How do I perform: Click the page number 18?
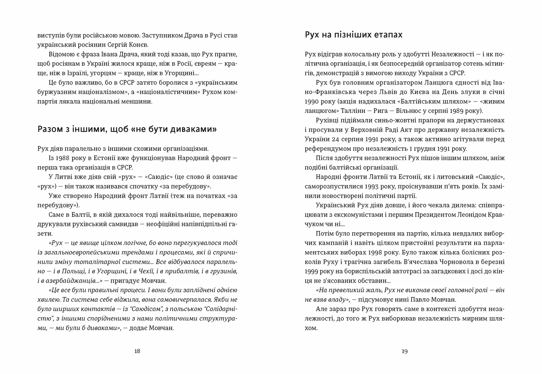[137, 351]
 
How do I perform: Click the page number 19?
[405, 351]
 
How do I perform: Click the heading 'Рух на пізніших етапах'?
[354, 35]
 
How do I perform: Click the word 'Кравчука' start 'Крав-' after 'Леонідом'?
[496, 215]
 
